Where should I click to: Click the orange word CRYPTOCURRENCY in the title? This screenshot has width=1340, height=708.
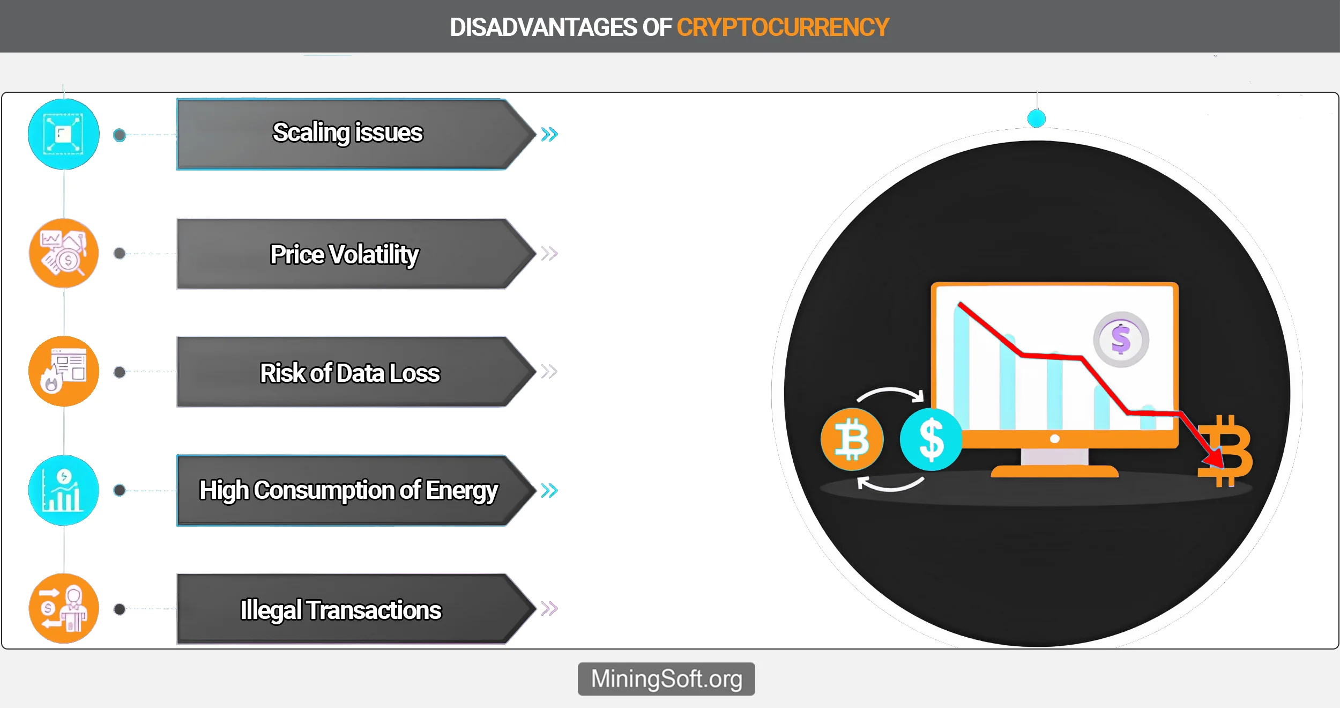click(x=783, y=27)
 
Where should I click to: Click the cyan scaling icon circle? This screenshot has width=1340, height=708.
click(x=64, y=134)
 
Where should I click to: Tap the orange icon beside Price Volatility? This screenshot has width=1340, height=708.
click(x=64, y=253)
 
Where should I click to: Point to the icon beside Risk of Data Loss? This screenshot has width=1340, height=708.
click(x=64, y=371)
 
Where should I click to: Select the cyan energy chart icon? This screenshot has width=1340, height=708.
click(x=64, y=490)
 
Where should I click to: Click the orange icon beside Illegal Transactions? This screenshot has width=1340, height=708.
click(x=64, y=608)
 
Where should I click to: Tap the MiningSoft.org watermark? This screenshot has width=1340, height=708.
click(x=666, y=679)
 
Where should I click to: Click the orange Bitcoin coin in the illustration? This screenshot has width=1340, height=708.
click(x=852, y=440)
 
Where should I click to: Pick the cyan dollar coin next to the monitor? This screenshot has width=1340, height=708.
click(x=931, y=440)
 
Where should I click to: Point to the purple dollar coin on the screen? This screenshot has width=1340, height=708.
click(x=1121, y=340)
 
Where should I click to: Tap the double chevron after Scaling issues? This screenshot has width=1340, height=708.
click(x=549, y=134)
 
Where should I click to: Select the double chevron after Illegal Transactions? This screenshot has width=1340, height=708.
click(x=549, y=608)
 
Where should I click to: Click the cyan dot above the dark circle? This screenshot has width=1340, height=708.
click(x=1037, y=119)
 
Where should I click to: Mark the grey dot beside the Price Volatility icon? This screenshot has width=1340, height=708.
click(x=120, y=253)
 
